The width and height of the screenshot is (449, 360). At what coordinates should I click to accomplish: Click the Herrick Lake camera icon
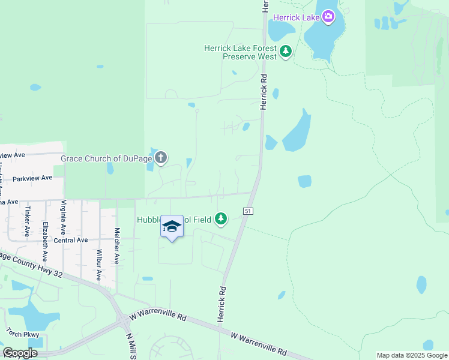pos(328,17)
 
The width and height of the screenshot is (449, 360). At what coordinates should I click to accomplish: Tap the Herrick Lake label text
pos(297,17)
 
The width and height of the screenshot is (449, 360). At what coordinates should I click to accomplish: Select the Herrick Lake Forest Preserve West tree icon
pos(286,52)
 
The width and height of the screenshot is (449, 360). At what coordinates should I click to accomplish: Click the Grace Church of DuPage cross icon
pos(160,158)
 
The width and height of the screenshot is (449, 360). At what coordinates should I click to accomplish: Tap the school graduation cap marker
pos(172,227)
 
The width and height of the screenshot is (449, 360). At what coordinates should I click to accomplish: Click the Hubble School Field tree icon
pos(221,219)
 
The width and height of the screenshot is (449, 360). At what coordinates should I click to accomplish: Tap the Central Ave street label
pos(71,240)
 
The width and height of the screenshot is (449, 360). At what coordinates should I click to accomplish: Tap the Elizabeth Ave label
pos(45,241)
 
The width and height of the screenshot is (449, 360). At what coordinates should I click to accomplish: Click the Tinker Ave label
pos(27,221)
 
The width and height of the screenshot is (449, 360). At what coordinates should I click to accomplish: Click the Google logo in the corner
pos(20,353)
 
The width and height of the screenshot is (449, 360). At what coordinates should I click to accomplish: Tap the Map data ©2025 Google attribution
pos(411,355)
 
